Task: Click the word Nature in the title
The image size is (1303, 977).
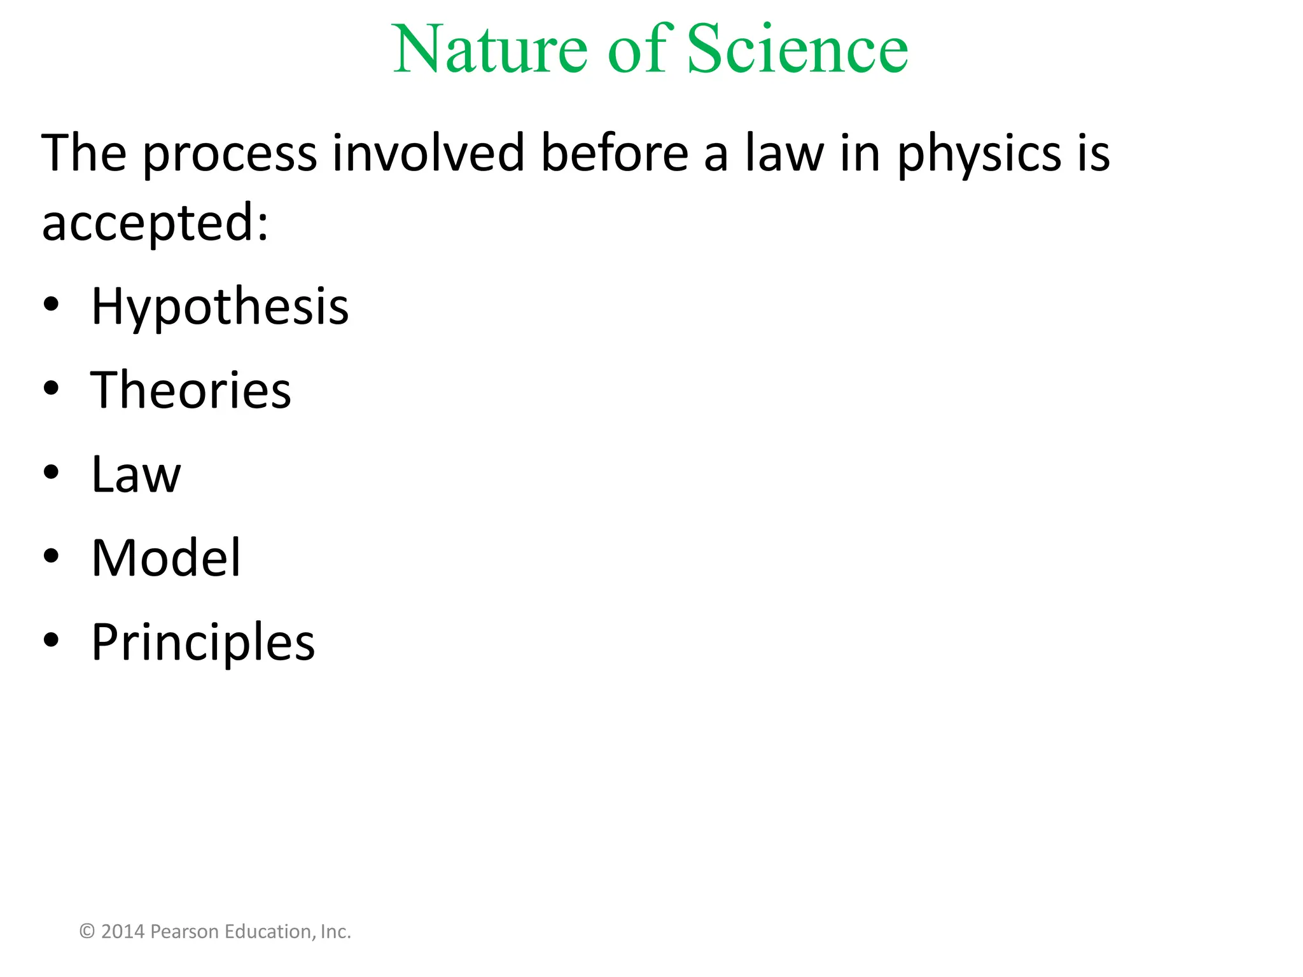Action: pos(490,50)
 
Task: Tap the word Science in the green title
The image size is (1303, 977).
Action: pos(797,50)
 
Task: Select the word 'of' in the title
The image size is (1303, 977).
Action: pos(637,50)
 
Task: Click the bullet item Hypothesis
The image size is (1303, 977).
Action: pos(219,307)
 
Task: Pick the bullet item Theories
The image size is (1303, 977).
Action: pos(191,390)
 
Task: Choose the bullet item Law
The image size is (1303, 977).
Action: pos(136,475)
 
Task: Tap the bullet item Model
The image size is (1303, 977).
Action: pos(166,558)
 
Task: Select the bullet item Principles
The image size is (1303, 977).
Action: pos(203,642)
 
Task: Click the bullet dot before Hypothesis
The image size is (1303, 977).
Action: pos(52,305)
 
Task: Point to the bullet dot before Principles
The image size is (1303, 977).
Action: pos(52,639)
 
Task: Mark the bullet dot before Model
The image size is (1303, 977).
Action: pos(52,556)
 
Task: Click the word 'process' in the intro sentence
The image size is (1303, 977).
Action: pos(230,154)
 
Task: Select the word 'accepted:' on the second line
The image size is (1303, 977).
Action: pos(155,224)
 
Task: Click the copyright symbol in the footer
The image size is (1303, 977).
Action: pos(88,932)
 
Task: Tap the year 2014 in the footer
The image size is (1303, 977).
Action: pos(123,932)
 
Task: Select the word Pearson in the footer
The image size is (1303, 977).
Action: pos(185,932)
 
